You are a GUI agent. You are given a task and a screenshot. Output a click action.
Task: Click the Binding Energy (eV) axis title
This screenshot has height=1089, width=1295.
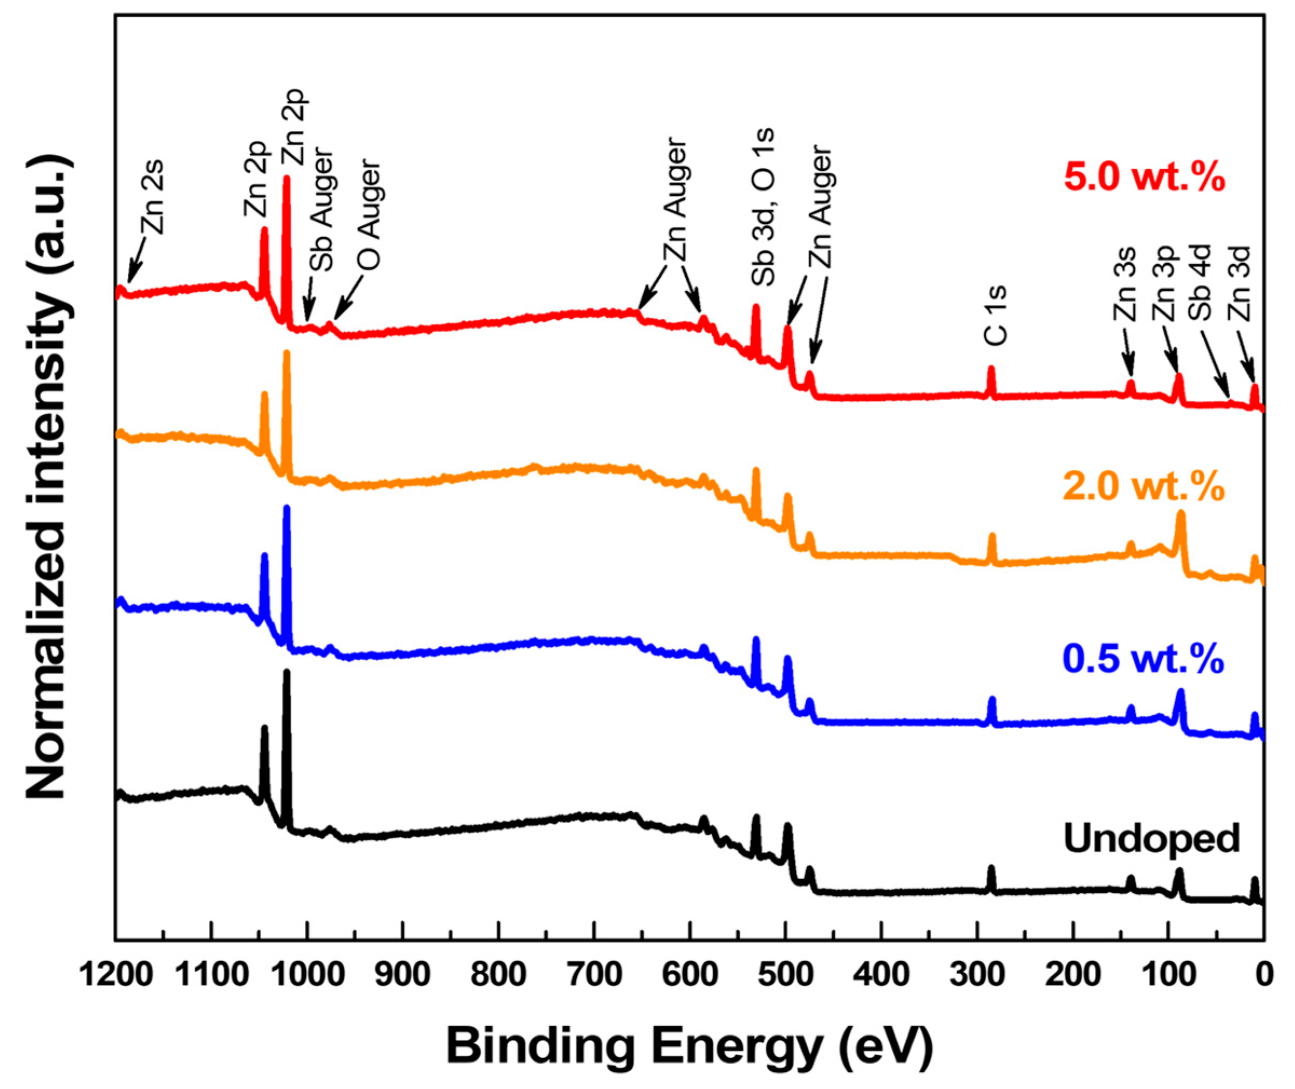pyautogui.click(x=690, y=1045)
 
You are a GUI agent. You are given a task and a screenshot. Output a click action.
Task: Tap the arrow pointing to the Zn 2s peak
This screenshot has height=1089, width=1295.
pyautogui.click(x=136, y=259)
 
